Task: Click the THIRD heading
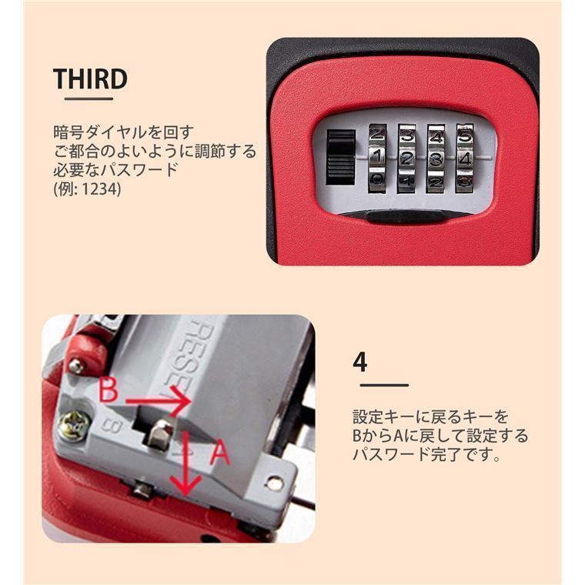coord(90,79)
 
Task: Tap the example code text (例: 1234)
coord(87,189)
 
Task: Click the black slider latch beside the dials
coord(341,158)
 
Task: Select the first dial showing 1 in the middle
coord(377,159)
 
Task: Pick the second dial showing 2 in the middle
coord(406,159)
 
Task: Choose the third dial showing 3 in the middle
coord(436,159)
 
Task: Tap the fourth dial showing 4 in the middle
coord(464,159)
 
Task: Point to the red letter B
coord(109,390)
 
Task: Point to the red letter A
coord(219,452)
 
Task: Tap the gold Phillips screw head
coord(75,426)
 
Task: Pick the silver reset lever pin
coord(159,433)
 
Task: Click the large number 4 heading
coord(360,362)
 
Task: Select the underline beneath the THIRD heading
coord(89,99)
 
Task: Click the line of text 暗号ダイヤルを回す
coord(123,133)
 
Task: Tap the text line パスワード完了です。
coord(426,454)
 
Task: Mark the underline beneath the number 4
coord(384,385)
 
